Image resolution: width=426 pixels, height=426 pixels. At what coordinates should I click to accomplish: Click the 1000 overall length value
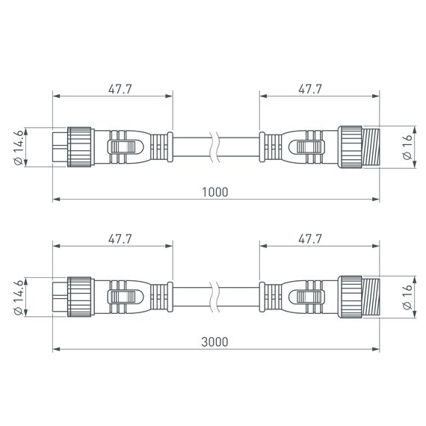pos(214,191)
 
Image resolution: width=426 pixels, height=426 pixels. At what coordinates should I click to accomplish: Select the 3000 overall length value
pos(214,342)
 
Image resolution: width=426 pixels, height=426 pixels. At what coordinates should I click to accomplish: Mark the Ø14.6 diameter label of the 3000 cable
pos(20,296)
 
